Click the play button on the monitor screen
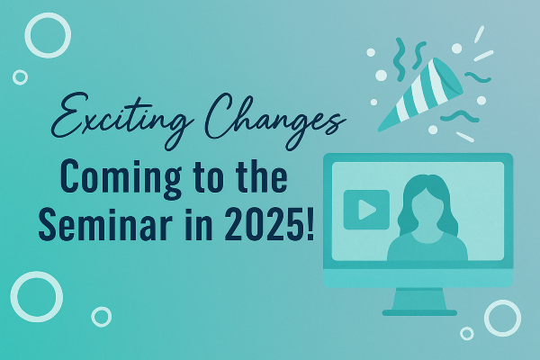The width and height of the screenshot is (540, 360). [366, 210]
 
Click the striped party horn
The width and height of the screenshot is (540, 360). [421, 94]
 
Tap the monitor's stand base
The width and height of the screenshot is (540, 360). [419, 312]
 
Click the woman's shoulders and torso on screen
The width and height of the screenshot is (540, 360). [427, 248]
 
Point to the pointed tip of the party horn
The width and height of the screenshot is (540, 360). [379, 130]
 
